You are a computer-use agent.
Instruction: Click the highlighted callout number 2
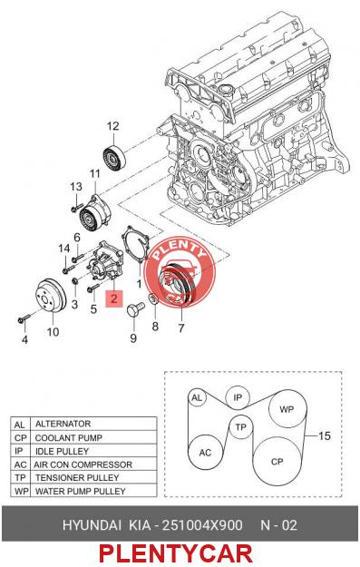114,298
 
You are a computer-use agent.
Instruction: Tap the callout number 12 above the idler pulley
112,126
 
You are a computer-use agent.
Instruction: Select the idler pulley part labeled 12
114,157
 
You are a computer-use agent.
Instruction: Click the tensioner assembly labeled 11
94,213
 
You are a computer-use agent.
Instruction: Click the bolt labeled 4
24,319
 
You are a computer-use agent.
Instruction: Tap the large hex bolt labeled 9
135,310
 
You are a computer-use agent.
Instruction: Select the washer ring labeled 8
154,299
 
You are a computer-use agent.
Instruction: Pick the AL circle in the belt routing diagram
197,397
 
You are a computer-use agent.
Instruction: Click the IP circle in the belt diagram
238,397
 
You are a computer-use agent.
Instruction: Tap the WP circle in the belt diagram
287,409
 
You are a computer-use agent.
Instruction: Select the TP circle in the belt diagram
240,427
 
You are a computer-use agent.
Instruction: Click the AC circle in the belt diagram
205,452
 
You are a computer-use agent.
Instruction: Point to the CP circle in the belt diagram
277,461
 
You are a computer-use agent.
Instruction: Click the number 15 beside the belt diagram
325,435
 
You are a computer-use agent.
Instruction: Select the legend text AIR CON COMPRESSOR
83,464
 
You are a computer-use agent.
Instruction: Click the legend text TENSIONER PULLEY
77,477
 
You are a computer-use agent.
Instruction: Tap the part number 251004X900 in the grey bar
202,524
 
